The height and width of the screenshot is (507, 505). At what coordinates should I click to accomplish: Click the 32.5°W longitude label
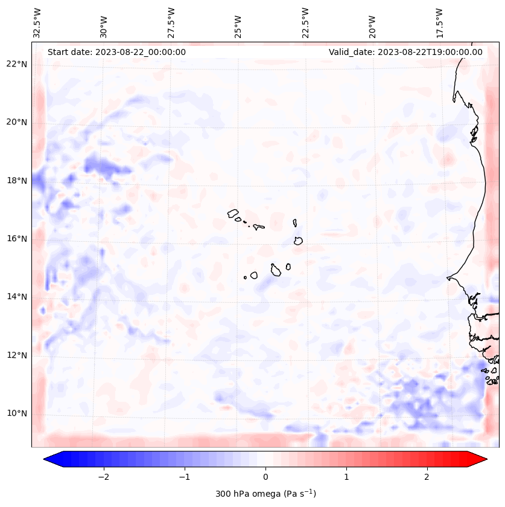click(37, 22)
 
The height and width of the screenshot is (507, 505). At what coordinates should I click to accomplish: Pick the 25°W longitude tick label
click(238, 22)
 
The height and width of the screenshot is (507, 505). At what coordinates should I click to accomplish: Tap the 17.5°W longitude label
click(440, 22)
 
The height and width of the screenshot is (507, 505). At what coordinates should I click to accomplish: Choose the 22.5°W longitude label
click(305, 22)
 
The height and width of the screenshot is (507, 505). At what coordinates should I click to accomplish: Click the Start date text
click(116, 52)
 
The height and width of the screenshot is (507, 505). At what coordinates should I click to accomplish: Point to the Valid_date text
click(405, 52)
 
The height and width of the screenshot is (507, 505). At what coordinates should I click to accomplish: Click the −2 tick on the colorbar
click(103, 477)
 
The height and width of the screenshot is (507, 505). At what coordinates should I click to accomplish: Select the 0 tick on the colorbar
click(265, 477)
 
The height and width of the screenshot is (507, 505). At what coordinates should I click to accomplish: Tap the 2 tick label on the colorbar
click(427, 477)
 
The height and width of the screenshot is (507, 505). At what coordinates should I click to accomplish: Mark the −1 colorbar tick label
click(184, 477)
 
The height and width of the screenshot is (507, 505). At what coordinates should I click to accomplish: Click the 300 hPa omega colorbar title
click(265, 494)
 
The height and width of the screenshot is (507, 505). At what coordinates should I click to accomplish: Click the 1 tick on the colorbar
click(346, 477)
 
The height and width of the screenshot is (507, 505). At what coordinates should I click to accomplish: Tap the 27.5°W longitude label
click(171, 22)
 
